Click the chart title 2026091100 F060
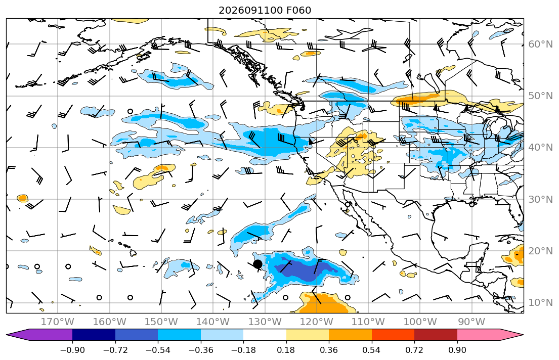pyautogui.click(x=265, y=10)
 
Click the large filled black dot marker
pyautogui.click(x=257, y=264)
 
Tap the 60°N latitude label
pyautogui.click(x=540, y=44)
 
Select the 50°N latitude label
pyautogui.click(x=540, y=96)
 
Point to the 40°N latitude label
pyautogui.click(x=540, y=148)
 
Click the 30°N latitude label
pyautogui.click(x=540, y=199)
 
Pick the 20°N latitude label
pyautogui.click(x=540, y=251)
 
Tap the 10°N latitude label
pyautogui.click(x=540, y=303)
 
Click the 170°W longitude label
pyautogui.click(x=58, y=322)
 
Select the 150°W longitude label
pyautogui.click(x=161, y=322)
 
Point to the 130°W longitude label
pyautogui.click(x=265, y=322)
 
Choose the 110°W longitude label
pyautogui.click(x=368, y=322)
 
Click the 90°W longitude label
pyautogui.click(x=471, y=322)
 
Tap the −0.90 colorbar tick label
pyautogui.click(x=72, y=350)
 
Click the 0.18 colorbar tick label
pyautogui.click(x=286, y=350)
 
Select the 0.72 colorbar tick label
pyautogui.click(x=414, y=350)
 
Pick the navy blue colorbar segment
pyautogui.click(x=94, y=335)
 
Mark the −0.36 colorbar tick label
pyautogui.click(x=201, y=350)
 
